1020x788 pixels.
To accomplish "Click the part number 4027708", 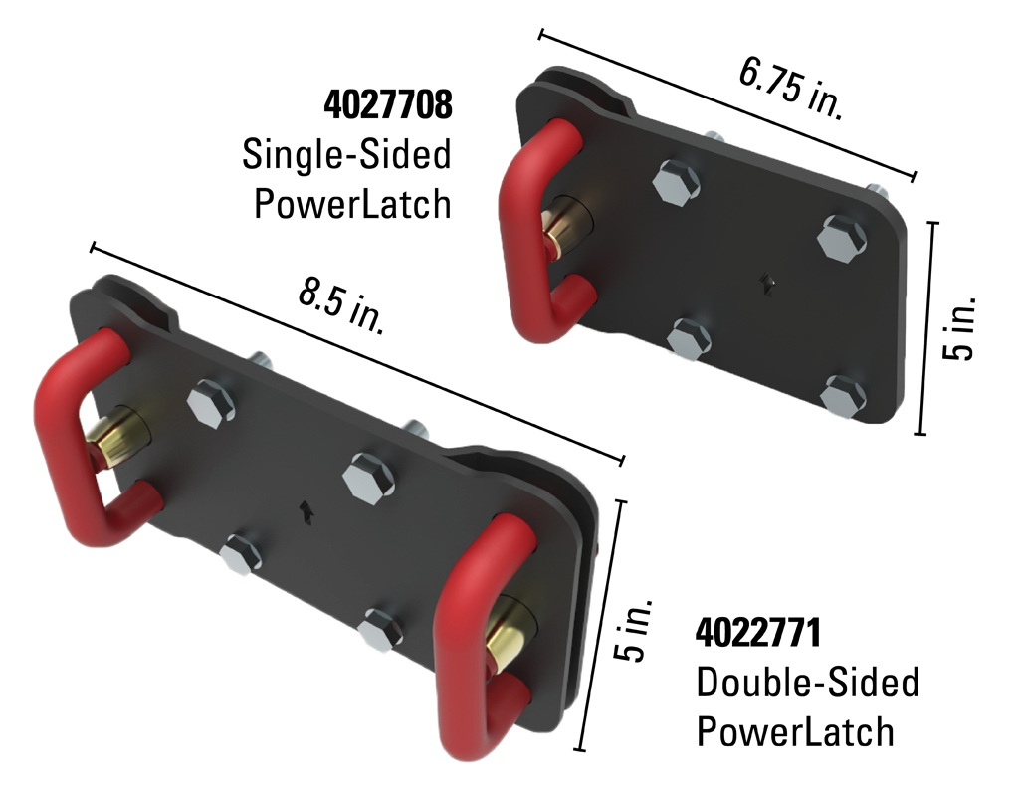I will [388, 104].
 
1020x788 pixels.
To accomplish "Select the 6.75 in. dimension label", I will [790, 89].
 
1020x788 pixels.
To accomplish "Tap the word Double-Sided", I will [807, 683].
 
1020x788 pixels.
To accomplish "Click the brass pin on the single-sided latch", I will [558, 228].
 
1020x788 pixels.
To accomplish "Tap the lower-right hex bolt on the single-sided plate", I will [843, 395].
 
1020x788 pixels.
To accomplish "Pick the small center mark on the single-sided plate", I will [767, 285].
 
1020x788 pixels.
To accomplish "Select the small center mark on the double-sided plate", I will [306, 511].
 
